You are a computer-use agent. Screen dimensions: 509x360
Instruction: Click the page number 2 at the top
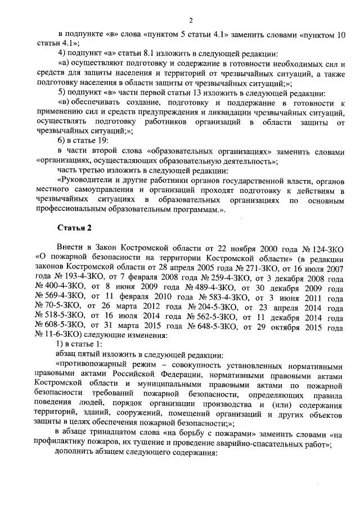coord(191,21)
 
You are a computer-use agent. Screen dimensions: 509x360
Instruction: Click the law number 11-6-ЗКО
coord(61,337)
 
